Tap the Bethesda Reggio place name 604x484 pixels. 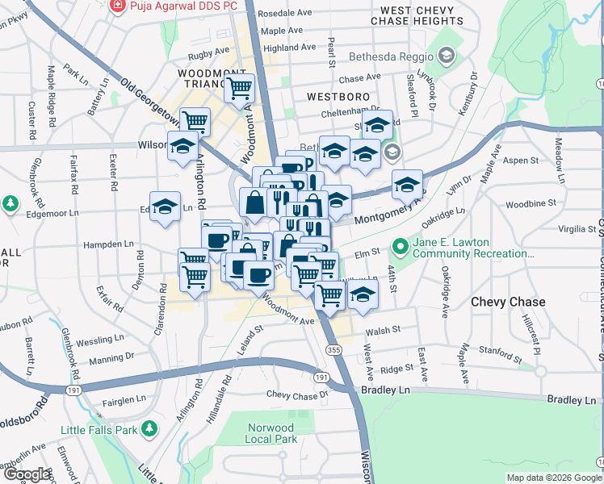coord(391,57)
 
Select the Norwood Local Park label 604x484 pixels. coord(270,433)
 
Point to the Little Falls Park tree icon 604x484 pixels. coord(149,428)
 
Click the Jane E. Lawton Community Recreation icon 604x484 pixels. coord(399,244)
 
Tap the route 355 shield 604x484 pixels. coord(333,349)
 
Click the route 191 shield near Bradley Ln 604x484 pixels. coord(321,378)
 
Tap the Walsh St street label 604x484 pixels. coord(383,330)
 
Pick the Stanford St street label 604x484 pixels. coord(500,352)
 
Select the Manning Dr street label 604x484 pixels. coord(111,360)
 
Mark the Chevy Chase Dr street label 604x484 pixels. coord(298,394)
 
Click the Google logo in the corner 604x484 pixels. coord(27,474)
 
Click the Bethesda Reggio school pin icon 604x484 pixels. coord(447,56)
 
